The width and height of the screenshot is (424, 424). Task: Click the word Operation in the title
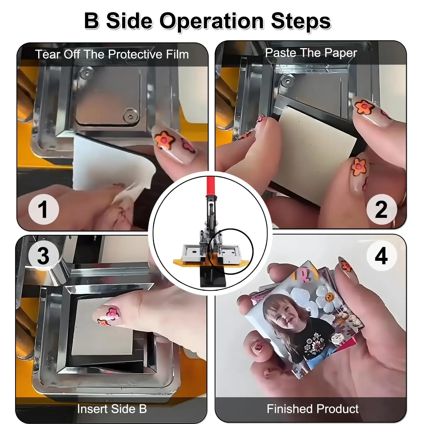click(211, 21)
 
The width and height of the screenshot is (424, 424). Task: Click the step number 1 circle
click(43, 209)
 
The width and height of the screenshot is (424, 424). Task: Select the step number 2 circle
click(381, 209)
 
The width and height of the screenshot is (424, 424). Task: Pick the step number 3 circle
click(43, 256)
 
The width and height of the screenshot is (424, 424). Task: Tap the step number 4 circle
click(381, 256)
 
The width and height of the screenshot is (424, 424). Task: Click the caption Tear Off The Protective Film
click(112, 54)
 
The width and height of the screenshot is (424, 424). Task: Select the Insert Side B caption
click(112, 409)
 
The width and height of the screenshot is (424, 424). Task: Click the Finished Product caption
click(313, 409)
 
